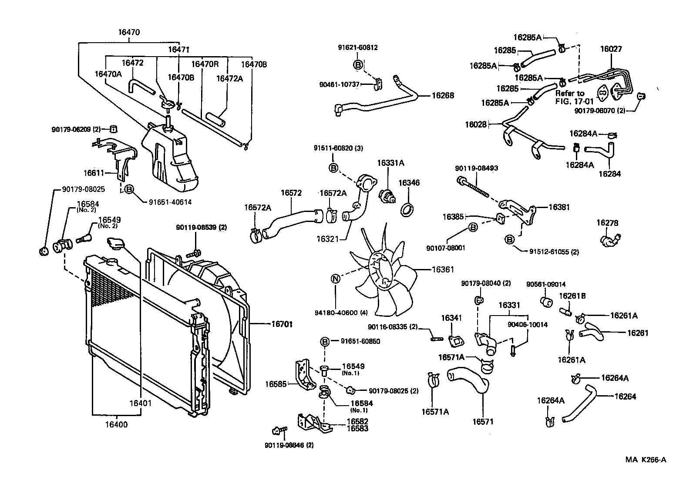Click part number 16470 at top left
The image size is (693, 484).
(x=129, y=32)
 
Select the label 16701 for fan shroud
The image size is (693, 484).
(x=282, y=324)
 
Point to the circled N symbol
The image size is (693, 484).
(x=336, y=279)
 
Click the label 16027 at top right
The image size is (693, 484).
(x=611, y=49)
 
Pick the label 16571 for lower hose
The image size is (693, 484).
(x=483, y=421)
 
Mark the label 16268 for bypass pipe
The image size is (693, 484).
(x=443, y=95)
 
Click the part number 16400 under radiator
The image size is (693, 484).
(x=117, y=424)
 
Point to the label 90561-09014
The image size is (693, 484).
(x=546, y=285)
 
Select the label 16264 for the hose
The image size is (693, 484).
(x=625, y=397)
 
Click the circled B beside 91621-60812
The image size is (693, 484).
(x=358, y=65)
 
